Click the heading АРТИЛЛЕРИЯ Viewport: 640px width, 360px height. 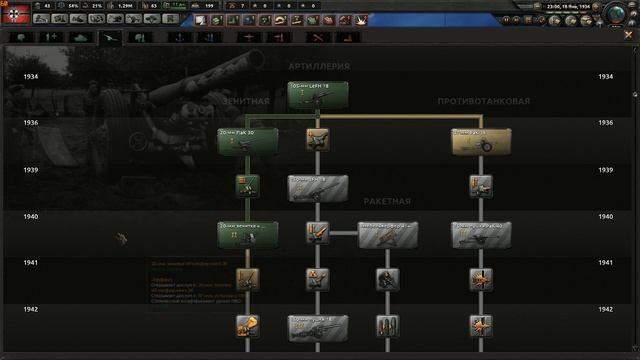(319, 66)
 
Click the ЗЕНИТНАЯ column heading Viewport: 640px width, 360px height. (242, 101)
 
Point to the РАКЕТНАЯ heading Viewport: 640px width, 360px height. (387, 201)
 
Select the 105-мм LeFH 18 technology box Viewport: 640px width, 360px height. (318, 95)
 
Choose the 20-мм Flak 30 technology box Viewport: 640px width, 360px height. (248, 140)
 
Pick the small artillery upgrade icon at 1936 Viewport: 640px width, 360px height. (318, 141)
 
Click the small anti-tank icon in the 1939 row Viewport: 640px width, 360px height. (481, 186)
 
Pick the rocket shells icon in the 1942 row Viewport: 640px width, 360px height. (388, 326)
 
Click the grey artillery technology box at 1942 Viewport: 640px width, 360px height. (318, 326)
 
